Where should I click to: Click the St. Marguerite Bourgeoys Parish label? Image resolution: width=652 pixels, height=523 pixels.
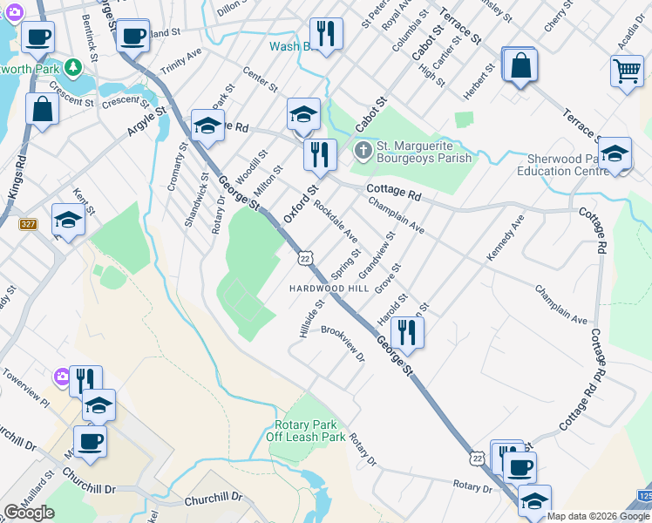[x=424, y=153]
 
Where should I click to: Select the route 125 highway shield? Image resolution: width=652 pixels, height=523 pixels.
[x=644, y=496]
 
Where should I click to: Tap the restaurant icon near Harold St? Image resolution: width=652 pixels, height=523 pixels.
[x=406, y=332]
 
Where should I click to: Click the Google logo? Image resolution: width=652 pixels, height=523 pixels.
[x=29, y=513]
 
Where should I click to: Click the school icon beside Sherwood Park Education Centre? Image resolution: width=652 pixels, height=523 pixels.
[x=615, y=154]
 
